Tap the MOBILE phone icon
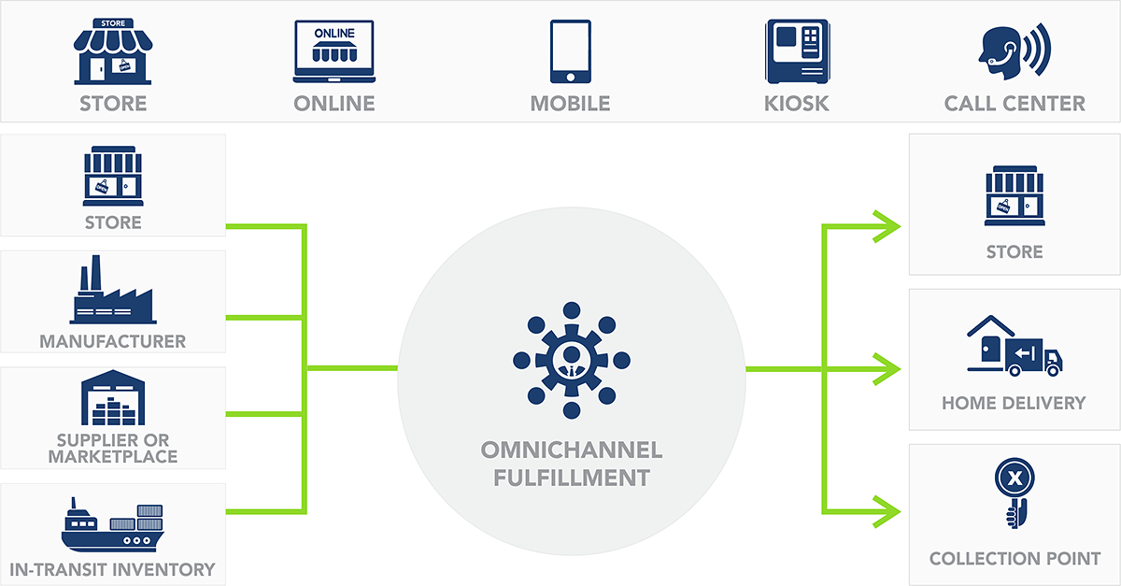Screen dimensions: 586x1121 [x=570, y=51]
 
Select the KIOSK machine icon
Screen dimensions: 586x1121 [x=797, y=51]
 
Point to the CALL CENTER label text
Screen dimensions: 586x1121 [x=1015, y=104]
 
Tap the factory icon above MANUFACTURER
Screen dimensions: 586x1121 [x=111, y=292]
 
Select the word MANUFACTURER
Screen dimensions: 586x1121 [x=112, y=341]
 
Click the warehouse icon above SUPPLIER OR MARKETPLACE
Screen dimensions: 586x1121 [x=112, y=398]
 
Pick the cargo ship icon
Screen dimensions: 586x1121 [x=112, y=525]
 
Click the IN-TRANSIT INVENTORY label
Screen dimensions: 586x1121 [x=112, y=569]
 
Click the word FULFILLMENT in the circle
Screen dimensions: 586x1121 [x=571, y=479]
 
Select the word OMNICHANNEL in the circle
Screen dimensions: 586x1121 [x=571, y=450]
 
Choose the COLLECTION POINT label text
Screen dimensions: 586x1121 [x=1015, y=559]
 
